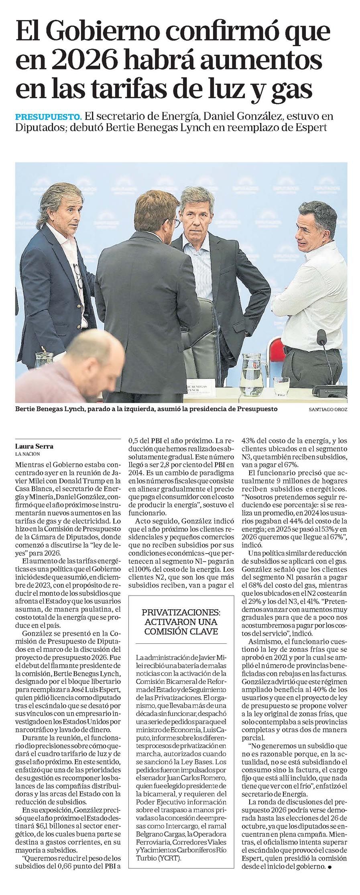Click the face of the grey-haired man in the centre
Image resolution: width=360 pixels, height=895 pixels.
(197, 216)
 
